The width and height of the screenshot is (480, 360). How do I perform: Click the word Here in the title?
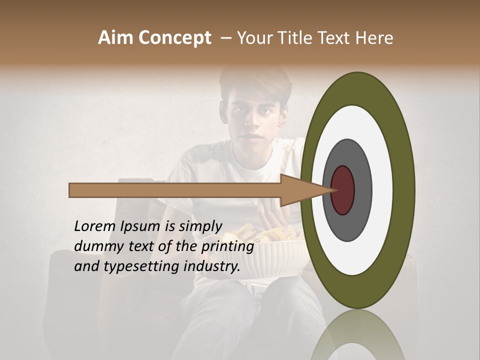[x=374, y=38]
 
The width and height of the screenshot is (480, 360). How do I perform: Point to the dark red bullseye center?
[x=342, y=190]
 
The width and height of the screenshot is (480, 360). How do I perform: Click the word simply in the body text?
[x=200, y=227]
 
